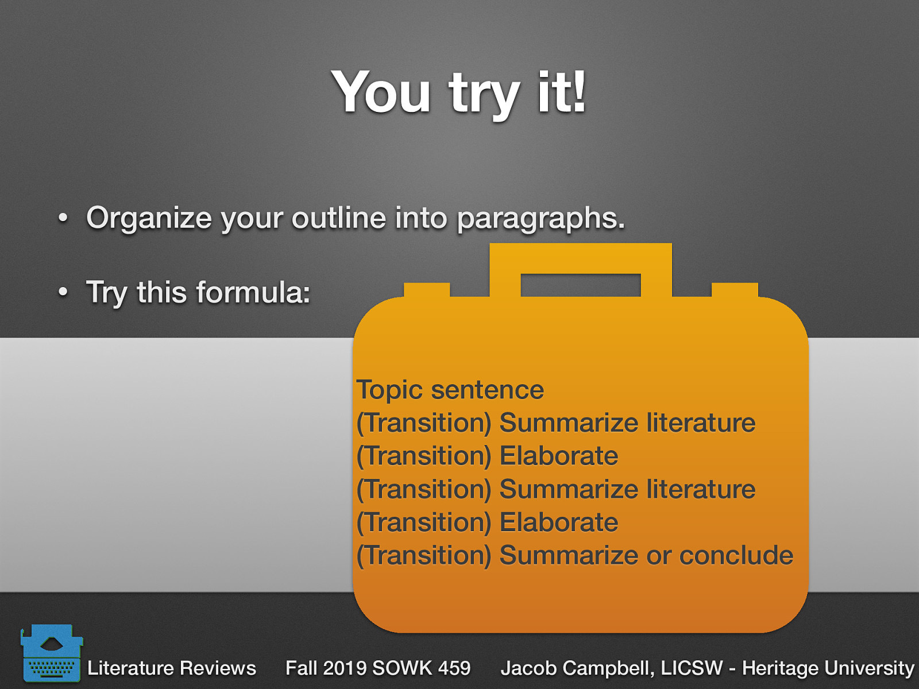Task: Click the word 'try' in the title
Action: (484, 95)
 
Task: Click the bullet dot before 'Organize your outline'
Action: (63, 218)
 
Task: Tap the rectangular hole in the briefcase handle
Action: (580, 285)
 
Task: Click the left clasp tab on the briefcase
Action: (427, 289)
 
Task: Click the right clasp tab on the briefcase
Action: (735, 289)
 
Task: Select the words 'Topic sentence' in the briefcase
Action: (450, 390)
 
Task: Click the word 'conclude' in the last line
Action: (736, 555)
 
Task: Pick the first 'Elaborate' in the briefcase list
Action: (558, 456)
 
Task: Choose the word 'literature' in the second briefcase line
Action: (700, 423)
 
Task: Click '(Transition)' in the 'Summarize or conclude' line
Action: (424, 555)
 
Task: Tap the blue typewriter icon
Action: (51, 653)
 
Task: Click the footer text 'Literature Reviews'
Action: (171, 668)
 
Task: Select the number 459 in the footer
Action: (454, 668)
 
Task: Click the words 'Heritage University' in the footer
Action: (828, 668)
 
